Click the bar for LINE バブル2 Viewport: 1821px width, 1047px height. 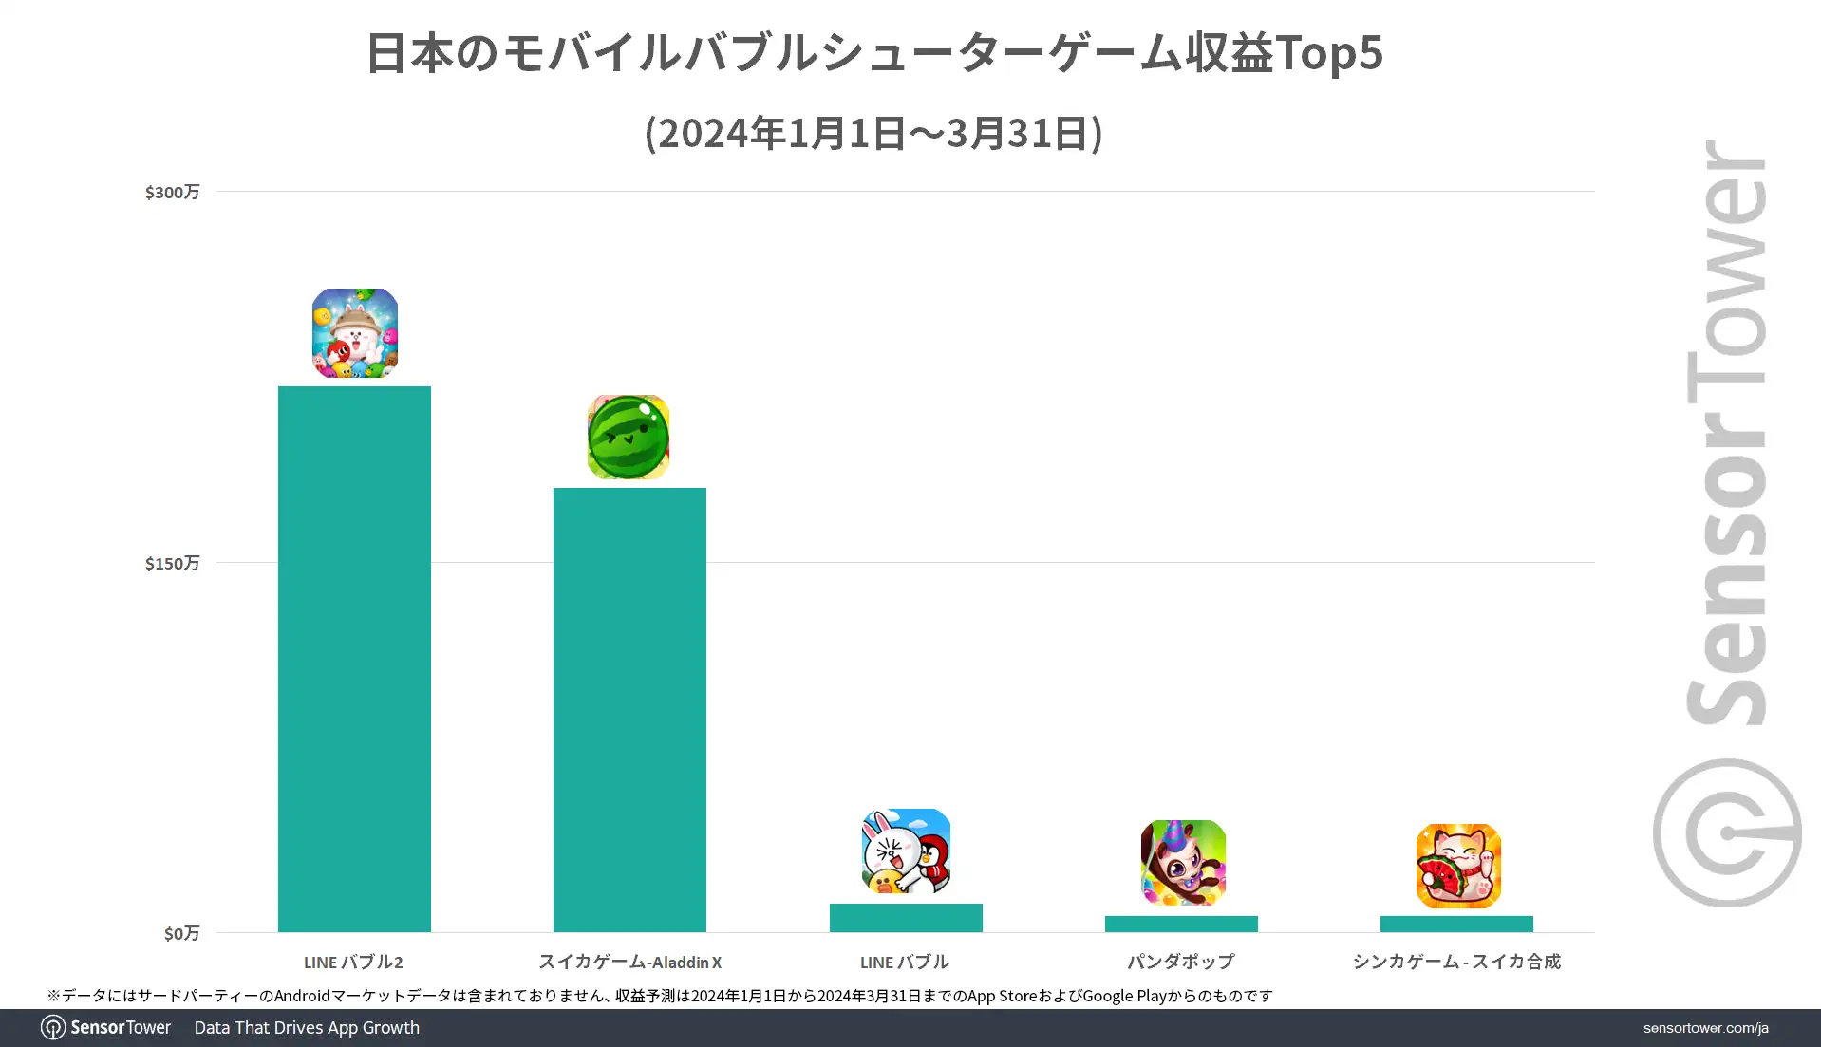pyautogui.click(x=354, y=659)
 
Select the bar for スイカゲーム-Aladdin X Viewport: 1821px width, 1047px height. pyautogui.click(x=629, y=709)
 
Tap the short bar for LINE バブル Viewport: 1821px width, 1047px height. pyautogui.click(x=906, y=918)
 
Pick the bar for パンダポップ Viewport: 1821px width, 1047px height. pyautogui.click(x=1181, y=924)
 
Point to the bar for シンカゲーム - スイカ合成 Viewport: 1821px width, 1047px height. pyautogui.click(x=1456, y=924)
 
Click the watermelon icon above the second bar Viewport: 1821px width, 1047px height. pyautogui.click(x=629, y=437)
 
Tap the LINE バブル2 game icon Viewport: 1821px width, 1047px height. pyautogui.click(x=355, y=333)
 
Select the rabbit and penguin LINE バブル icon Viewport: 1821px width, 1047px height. pyautogui.click(x=906, y=851)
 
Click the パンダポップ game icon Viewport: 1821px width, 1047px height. pyautogui.click(x=1183, y=863)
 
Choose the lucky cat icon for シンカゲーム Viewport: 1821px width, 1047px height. pyautogui.click(x=1458, y=866)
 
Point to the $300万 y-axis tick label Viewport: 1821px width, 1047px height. pyautogui.click(x=172, y=193)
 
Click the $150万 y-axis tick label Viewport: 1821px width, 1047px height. pyautogui.click(x=172, y=564)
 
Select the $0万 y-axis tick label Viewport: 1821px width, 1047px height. pyautogui.click(x=181, y=934)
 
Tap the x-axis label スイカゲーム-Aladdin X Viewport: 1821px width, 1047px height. pyautogui.click(x=629, y=963)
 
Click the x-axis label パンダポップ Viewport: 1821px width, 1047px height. pyautogui.click(x=1181, y=963)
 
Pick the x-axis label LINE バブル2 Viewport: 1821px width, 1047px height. pyautogui.click(x=353, y=963)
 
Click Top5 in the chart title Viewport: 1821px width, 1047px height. pyautogui.click(x=1329, y=53)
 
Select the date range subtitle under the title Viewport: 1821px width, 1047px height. pyautogui.click(x=873, y=134)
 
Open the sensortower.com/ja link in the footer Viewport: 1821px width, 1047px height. pyautogui.click(x=1705, y=1028)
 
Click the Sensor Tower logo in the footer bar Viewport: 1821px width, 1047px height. pyautogui.click(x=106, y=1028)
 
